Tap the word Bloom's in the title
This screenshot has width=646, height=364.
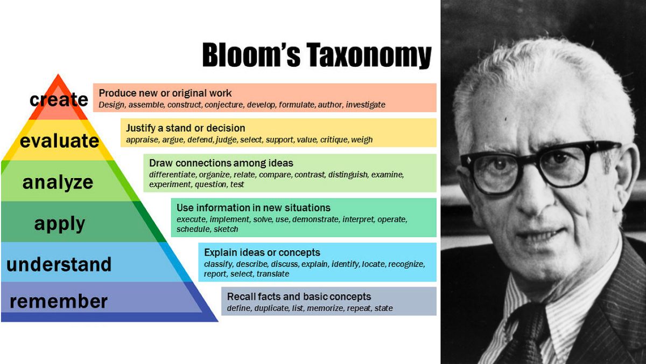[x=247, y=56]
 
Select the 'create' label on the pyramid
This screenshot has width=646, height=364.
[x=59, y=100]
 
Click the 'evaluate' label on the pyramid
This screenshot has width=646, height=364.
[x=59, y=141]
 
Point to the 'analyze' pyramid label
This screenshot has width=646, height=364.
[x=58, y=182]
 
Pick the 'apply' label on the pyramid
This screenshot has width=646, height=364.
[x=60, y=223]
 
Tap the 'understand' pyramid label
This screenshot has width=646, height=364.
[x=59, y=264]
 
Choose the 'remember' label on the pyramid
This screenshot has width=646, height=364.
[x=59, y=301]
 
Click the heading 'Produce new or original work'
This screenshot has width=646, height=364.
[x=165, y=93]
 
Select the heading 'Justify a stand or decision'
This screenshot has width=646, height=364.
[x=185, y=128]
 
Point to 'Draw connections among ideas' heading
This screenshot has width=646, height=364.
[x=221, y=163]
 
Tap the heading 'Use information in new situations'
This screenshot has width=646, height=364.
[x=253, y=208]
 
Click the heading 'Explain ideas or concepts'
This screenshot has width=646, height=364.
[x=262, y=252]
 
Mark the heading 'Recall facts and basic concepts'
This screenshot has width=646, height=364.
[x=299, y=297]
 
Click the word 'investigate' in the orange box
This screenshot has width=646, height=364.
[x=366, y=105]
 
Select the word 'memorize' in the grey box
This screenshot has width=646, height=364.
[x=325, y=308]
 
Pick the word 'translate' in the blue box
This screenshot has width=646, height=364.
[x=273, y=274]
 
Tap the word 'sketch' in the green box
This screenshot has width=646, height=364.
[x=226, y=229]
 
